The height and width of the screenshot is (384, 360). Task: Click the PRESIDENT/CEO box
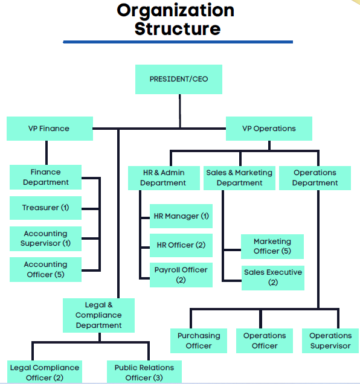click(x=179, y=79)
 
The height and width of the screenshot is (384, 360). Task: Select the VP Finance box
click(x=50, y=129)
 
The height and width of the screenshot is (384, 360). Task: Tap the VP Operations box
click(x=269, y=129)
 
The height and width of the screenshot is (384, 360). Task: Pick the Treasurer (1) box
click(x=45, y=208)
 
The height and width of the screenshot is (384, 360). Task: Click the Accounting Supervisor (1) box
click(x=45, y=238)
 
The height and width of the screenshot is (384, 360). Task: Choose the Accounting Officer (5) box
click(x=45, y=269)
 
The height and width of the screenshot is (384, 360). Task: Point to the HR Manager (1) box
click(x=181, y=216)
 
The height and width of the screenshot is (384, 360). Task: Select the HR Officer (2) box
click(x=181, y=245)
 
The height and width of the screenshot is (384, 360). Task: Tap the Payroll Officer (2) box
click(x=181, y=275)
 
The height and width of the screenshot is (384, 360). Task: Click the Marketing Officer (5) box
click(x=272, y=246)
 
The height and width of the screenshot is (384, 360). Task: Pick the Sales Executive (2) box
click(x=273, y=278)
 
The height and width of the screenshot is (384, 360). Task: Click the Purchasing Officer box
click(x=199, y=341)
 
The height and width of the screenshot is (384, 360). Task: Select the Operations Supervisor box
click(x=330, y=341)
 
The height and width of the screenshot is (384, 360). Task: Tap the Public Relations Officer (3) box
click(x=144, y=372)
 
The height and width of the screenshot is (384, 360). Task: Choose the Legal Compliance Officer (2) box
click(x=45, y=372)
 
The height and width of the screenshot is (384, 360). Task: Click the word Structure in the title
click(x=178, y=28)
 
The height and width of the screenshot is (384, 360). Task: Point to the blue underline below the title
click(x=178, y=42)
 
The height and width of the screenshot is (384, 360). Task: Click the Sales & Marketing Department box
click(x=239, y=178)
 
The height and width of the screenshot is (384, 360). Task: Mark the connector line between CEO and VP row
click(x=180, y=111)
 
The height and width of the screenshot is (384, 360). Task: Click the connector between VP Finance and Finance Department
click(x=47, y=153)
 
